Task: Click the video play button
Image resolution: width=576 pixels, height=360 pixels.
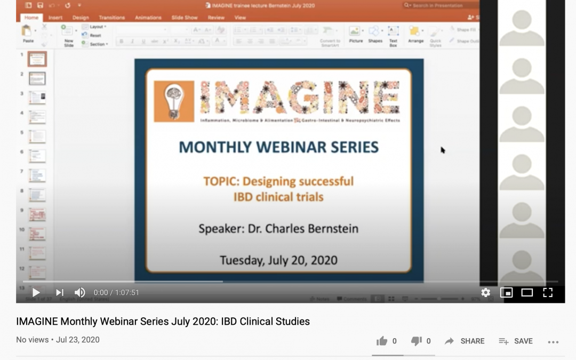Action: tap(36, 292)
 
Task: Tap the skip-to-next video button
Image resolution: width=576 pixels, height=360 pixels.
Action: tap(60, 292)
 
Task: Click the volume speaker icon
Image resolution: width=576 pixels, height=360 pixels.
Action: tap(79, 292)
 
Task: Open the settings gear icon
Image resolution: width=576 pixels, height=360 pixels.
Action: tap(485, 292)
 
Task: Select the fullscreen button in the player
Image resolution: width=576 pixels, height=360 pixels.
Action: tap(548, 292)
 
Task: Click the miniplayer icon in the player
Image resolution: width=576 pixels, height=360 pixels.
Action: tap(506, 292)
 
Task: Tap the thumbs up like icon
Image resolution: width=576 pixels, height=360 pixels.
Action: tap(381, 341)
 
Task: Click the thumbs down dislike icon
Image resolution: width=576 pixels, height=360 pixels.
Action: tap(417, 341)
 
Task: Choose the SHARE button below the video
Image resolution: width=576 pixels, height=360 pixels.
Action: tap(465, 341)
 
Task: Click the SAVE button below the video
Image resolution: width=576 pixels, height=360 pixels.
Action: tap(516, 341)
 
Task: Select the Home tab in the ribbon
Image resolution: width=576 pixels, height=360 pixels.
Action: tap(31, 18)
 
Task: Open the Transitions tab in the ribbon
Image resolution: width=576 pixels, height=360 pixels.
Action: tap(111, 18)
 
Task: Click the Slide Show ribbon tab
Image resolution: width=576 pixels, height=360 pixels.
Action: tap(185, 18)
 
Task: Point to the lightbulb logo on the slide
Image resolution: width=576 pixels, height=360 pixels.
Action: tap(173, 101)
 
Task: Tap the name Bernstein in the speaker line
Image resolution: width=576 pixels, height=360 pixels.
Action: tap(331, 229)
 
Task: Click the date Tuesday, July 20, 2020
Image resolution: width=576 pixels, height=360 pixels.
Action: tap(278, 261)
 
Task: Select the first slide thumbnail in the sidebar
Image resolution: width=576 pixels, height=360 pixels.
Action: tap(37, 59)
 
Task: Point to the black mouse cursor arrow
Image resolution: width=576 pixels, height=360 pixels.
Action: tap(443, 150)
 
